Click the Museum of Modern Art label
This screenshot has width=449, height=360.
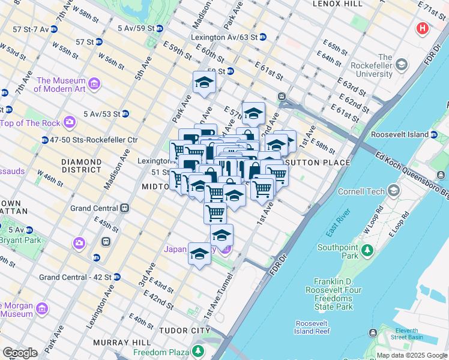click(x=60, y=85)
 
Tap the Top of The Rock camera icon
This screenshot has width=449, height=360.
click(x=70, y=122)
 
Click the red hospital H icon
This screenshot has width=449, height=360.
click(x=423, y=28)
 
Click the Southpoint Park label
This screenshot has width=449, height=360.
click(x=338, y=251)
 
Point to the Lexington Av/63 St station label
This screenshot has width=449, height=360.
click(x=224, y=37)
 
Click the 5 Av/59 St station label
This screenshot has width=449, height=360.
click(x=136, y=28)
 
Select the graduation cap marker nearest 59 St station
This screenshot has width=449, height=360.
click(x=204, y=83)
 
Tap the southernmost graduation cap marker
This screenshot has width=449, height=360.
click(x=199, y=254)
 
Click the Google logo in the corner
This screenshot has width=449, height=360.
click(x=20, y=353)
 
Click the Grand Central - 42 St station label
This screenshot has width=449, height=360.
click(x=75, y=277)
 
